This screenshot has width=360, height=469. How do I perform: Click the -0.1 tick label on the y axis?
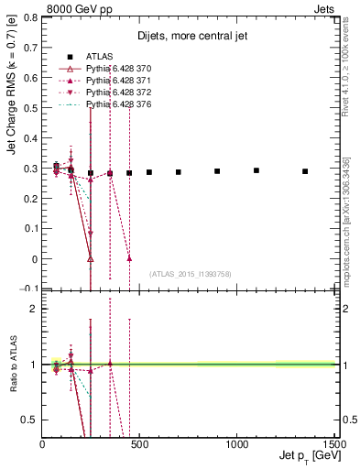coord(30,289)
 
